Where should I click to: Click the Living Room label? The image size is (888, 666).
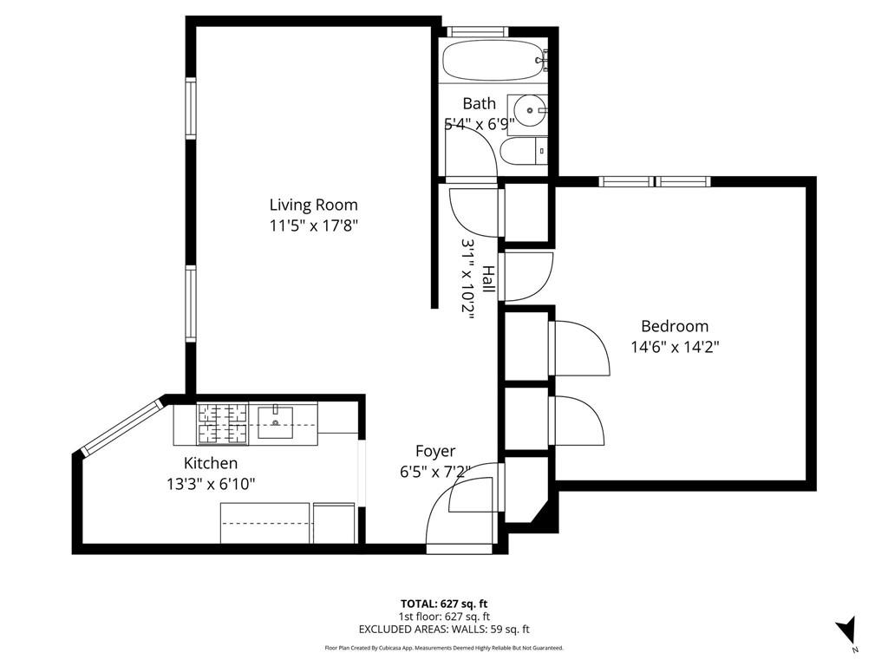coord(313,206)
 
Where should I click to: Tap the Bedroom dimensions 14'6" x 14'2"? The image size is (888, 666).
coord(675,347)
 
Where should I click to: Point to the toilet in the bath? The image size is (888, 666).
coord(525,153)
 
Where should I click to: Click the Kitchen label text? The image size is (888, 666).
coord(210,464)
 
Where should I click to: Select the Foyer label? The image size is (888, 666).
coord(435,452)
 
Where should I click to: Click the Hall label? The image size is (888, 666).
coord(488,279)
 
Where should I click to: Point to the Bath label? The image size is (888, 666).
coord(479,104)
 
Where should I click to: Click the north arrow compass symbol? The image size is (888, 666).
coord(847,631)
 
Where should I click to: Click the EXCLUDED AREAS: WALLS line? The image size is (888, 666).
coord(444,630)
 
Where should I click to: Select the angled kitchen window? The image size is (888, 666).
coord(121,426)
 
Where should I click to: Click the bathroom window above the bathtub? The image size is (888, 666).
coord(476,32)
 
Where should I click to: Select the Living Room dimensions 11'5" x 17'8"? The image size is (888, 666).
coord(313,225)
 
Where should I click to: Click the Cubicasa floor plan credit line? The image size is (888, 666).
coord(444,648)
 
